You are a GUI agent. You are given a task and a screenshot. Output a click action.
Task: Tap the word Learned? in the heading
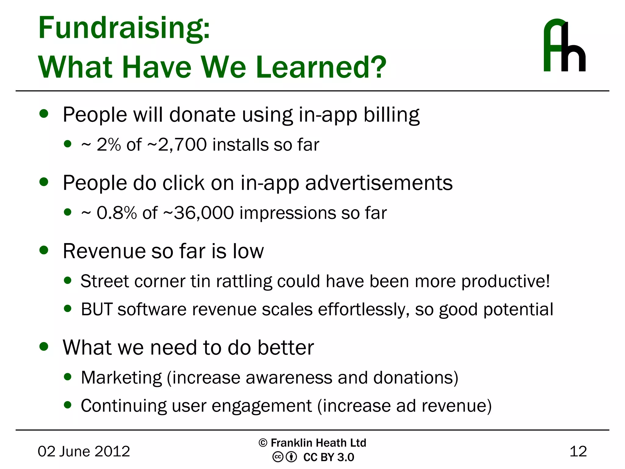(321, 67)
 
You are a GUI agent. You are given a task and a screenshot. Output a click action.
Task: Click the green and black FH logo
(564, 46)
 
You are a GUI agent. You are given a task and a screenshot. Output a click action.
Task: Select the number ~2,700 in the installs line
(177, 144)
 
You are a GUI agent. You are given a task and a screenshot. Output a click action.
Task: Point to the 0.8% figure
(116, 213)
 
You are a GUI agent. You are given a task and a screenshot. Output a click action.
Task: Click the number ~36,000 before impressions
(199, 213)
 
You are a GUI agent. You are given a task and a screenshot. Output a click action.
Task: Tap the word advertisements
(379, 183)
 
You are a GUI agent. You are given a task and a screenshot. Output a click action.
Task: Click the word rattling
(244, 281)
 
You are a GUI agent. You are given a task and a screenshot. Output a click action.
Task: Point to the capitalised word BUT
(97, 309)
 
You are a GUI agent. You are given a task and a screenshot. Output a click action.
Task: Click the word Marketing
(121, 378)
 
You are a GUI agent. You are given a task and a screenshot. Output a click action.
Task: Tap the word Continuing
(124, 406)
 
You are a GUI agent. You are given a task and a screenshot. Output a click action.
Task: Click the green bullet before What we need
(44, 347)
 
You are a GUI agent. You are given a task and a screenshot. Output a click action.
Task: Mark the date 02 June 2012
(84, 451)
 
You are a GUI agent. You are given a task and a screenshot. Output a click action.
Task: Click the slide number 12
(578, 451)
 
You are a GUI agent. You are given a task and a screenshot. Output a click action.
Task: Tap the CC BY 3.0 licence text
(328, 457)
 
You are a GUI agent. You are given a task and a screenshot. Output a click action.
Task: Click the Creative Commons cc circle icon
(278, 457)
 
